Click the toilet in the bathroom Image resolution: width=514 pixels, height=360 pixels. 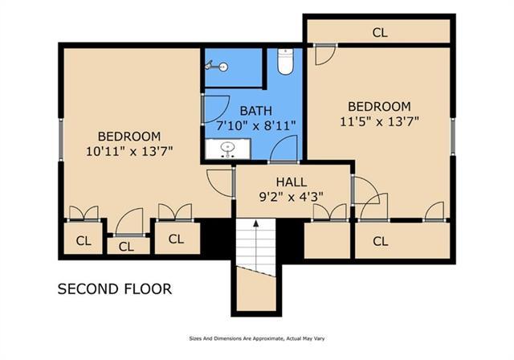(285, 61)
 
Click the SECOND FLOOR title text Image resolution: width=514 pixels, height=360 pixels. (114, 288)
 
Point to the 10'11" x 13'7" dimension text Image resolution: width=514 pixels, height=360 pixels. (129, 150)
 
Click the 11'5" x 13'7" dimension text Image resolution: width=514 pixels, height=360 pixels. (379, 121)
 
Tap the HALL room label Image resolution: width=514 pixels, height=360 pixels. (291, 182)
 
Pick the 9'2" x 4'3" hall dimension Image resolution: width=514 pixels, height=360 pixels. (291, 197)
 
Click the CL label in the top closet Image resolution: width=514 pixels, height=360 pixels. (380, 33)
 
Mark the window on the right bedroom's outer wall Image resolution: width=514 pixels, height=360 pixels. (453, 135)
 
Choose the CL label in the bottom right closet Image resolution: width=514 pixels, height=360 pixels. (380, 240)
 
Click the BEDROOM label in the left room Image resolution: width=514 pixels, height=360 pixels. (129, 136)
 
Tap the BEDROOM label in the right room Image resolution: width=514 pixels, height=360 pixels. (379, 106)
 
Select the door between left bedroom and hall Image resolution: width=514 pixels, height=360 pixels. (219, 182)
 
